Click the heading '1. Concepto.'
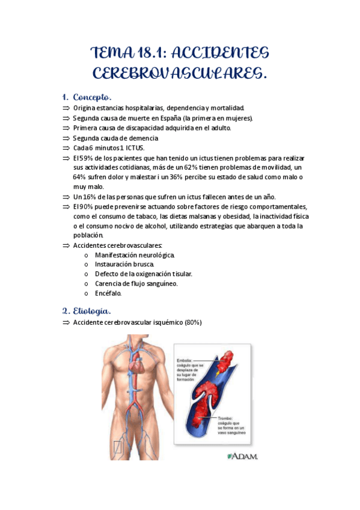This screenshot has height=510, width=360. pos(87,97)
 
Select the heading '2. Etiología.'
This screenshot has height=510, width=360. pos(87,311)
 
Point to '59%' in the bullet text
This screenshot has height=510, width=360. pos(87,158)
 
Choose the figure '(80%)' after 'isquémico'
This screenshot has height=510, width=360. pos(193,323)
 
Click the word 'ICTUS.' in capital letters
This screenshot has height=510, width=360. pos(133,147)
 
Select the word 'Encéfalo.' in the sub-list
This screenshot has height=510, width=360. pos(108,293)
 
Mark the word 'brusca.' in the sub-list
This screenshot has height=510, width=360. pos(142,264)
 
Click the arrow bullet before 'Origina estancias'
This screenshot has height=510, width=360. pos(66,108)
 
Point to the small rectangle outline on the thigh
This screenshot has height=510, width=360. pos(118,447)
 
